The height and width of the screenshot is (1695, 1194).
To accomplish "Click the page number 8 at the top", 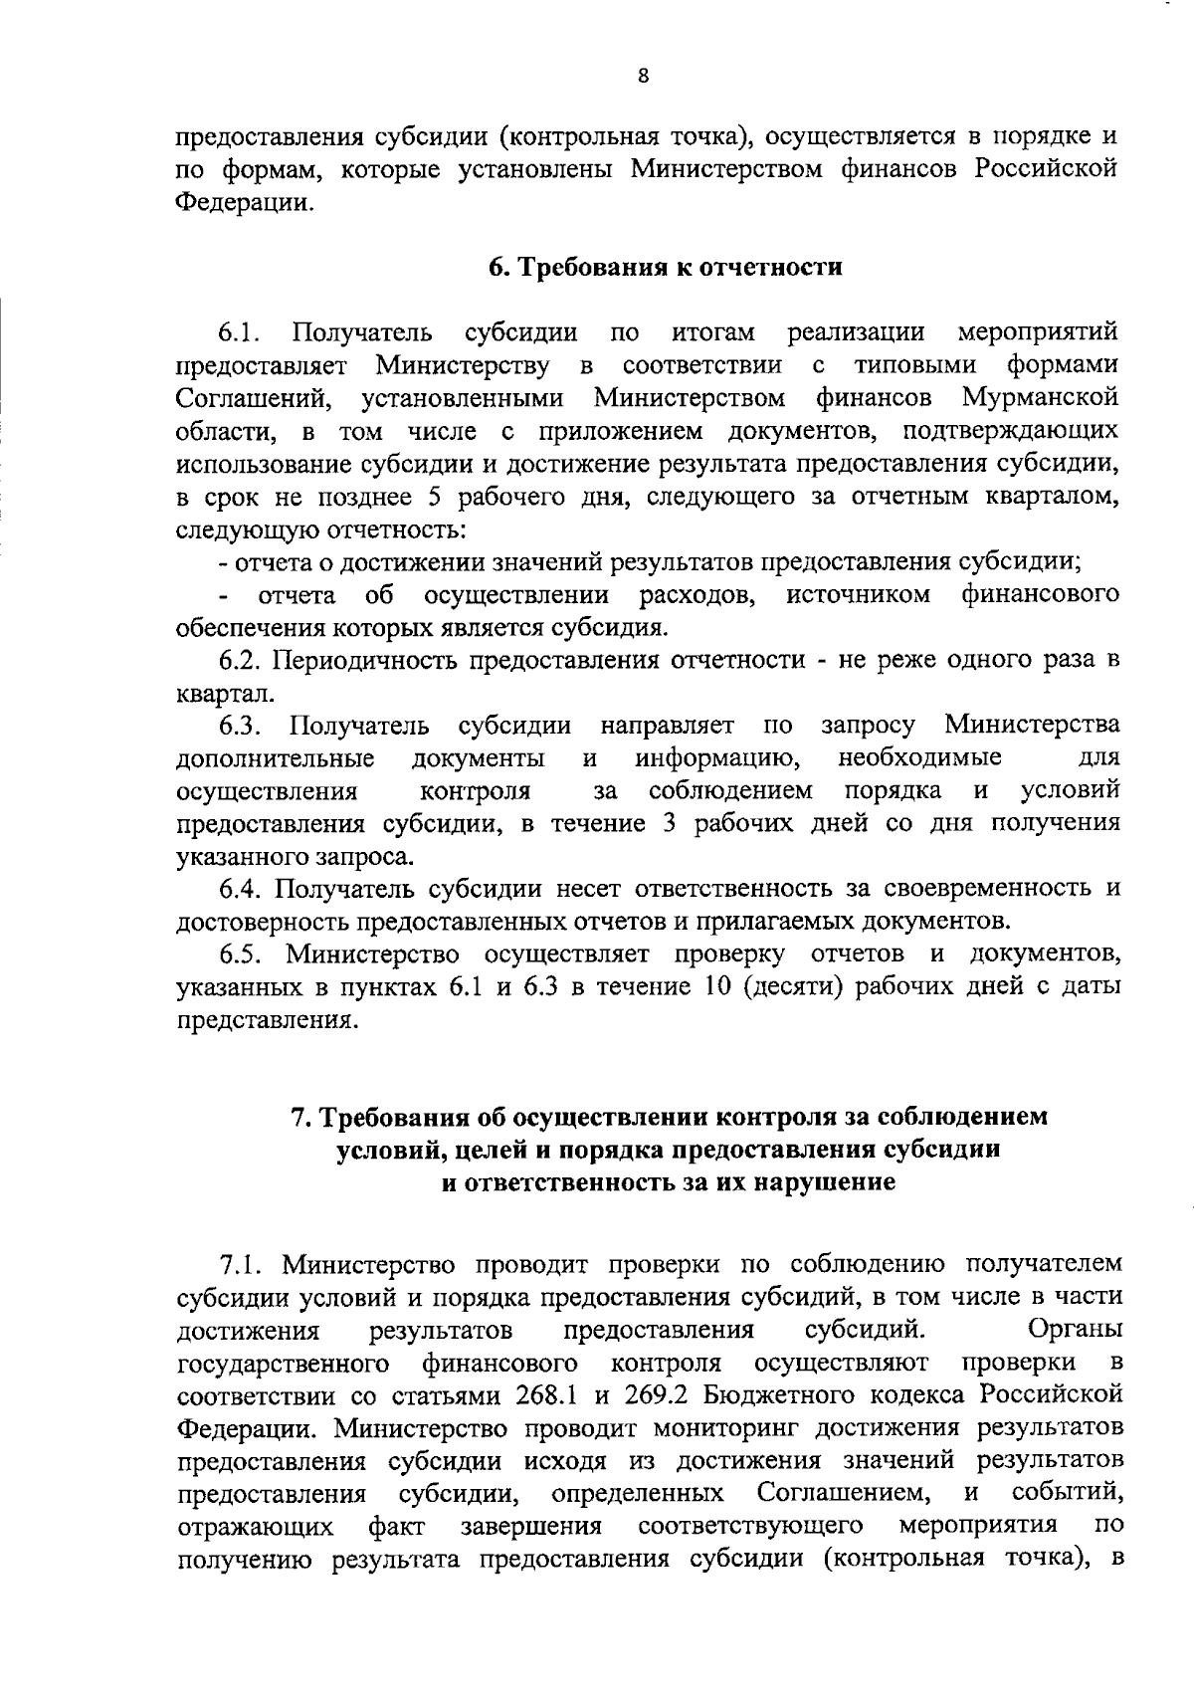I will coord(643,78).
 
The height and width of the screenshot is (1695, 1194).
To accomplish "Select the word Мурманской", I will coord(1040,398).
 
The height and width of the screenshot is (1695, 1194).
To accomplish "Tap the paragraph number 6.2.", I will coord(241,660).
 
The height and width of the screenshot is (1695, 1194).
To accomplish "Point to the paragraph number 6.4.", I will coord(241,886).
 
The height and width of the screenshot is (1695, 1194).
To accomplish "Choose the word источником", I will coord(859,595).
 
